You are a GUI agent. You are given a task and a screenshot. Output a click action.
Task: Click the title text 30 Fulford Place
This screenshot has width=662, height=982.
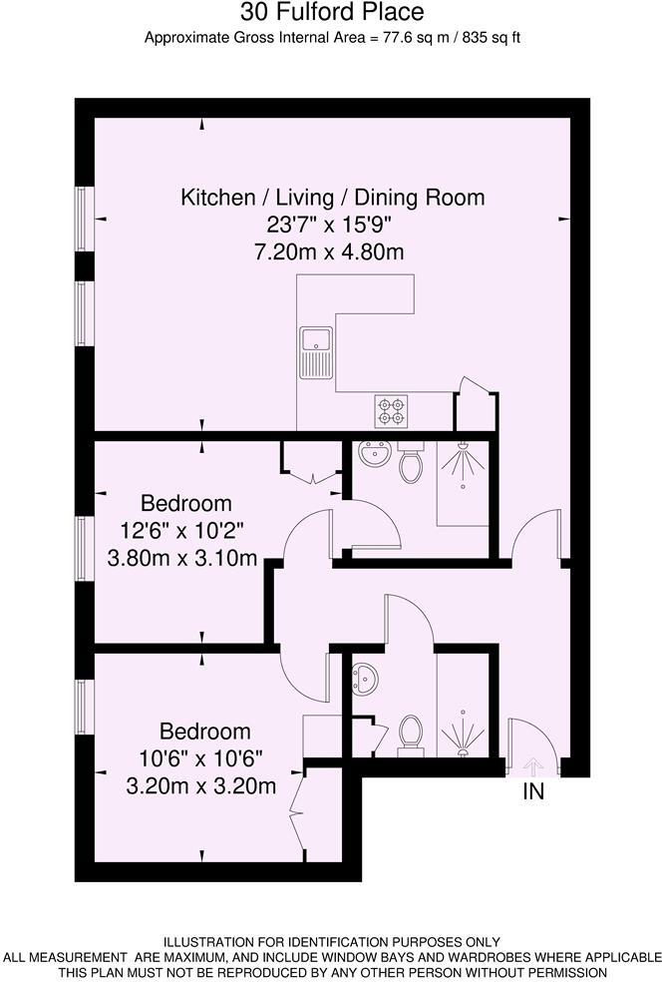pos(332,13)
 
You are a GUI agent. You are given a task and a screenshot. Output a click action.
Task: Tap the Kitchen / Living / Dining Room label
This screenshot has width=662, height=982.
pos(332,198)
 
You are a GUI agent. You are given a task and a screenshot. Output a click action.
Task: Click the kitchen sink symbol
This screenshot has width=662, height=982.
pos(315,350)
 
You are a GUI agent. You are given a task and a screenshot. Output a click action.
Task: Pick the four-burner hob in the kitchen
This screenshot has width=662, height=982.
pos(391,408)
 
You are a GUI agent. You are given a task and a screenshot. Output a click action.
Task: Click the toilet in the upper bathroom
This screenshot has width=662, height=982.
pos(410,464)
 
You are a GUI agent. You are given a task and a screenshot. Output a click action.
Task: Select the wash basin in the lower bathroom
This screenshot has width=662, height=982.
pos(366,679)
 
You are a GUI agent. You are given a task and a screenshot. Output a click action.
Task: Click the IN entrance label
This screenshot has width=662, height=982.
pos(534,792)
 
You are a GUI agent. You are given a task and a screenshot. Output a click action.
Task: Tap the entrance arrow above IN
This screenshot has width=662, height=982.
pos(531,766)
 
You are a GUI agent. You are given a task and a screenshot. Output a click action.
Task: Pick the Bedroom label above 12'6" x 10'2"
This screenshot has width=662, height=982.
pos(185,504)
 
